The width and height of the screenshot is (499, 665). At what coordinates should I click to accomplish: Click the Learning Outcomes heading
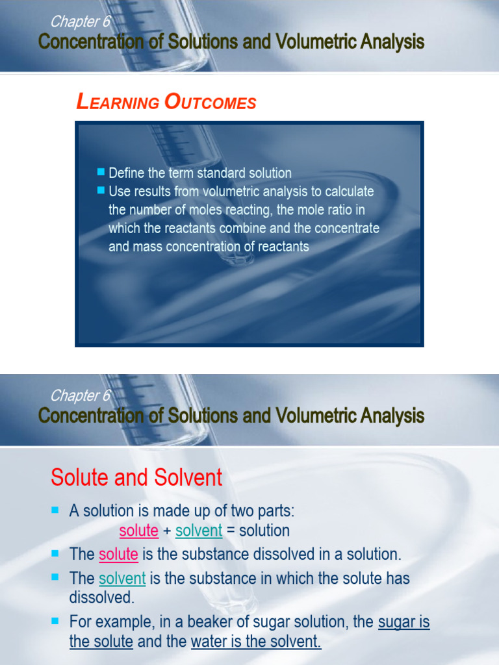pos(166,102)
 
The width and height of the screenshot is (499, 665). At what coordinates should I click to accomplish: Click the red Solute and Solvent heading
pos(136,478)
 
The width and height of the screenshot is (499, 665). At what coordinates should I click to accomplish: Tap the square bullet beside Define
pos(101,172)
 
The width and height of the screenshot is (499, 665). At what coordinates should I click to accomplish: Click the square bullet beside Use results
pos(101,190)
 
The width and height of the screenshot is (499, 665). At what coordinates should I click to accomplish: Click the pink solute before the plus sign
pos(139,531)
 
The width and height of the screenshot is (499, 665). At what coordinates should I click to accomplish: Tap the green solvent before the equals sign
pos(199,531)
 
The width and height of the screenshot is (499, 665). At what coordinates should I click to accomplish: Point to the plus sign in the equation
pos(167,531)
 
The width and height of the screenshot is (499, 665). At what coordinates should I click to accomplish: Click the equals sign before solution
pos(231,531)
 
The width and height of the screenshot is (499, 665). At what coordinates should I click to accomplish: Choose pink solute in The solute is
pos(118,555)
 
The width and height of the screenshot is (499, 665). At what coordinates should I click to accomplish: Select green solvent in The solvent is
pos(122,578)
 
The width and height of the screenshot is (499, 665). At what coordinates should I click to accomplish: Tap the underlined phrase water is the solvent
pos(256,642)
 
